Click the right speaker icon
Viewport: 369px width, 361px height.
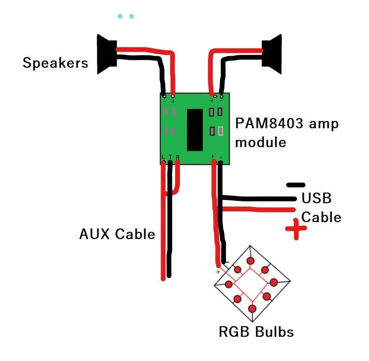tap(272, 50)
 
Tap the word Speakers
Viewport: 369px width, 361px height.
tap(56, 63)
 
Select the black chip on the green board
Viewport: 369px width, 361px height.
tap(194, 129)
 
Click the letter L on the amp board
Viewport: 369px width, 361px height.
tap(163, 157)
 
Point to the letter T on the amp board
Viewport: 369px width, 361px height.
tap(171, 157)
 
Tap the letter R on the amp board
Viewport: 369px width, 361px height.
tap(177, 157)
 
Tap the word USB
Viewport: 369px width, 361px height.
tap(316, 198)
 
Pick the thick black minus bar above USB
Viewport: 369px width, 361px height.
tap(295, 185)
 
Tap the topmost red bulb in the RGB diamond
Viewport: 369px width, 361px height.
tap(251, 261)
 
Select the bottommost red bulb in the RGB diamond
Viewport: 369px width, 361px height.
tap(252, 308)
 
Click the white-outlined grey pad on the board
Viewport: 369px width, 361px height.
tap(221, 131)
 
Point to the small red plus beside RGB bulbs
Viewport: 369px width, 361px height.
tap(218, 272)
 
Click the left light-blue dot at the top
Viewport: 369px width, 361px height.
tap(120, 16)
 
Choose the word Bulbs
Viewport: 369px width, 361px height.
tap(275, 332)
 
